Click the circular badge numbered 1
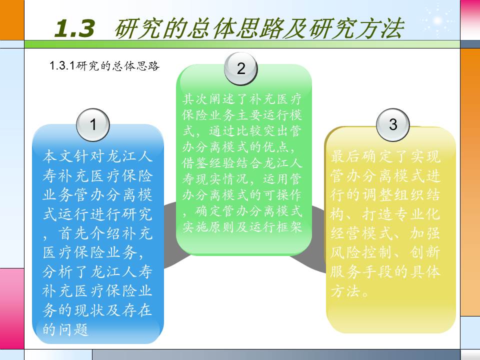93,124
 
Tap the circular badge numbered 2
241,68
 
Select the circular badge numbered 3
393,124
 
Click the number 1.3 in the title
74,28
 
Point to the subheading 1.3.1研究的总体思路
104,65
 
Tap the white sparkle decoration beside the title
438,20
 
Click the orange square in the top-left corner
12,20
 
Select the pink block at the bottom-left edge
12,308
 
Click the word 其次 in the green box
195,99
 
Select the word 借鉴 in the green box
195,162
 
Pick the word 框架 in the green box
289,226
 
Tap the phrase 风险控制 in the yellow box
362,252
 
